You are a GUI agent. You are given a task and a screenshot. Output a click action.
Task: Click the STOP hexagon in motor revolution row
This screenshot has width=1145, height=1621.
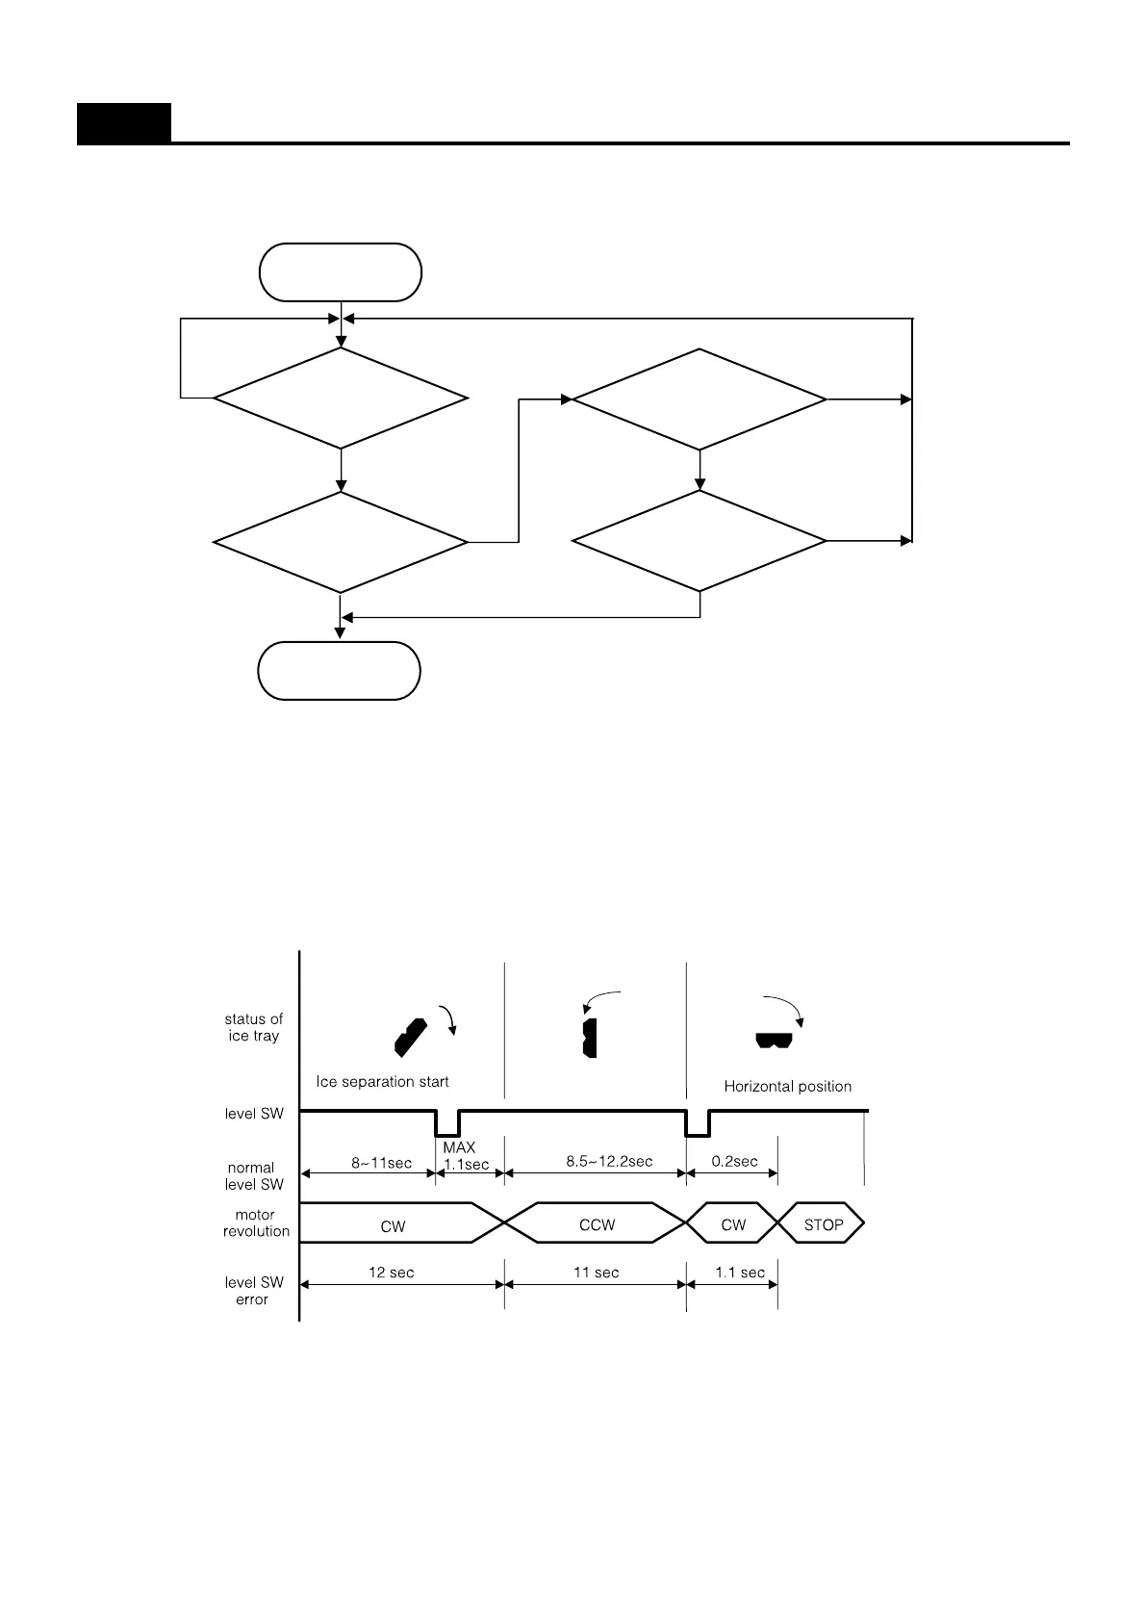point(823,1224)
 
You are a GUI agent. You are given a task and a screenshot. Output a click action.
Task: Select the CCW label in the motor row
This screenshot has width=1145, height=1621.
point(597,1224)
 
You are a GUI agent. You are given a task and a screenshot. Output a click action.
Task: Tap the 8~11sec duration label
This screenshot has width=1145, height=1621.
point(381,1163)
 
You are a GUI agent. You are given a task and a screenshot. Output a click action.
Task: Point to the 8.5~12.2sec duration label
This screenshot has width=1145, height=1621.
point(609,1161)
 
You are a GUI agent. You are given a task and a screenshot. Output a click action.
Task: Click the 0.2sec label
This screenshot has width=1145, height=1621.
point(734,1161)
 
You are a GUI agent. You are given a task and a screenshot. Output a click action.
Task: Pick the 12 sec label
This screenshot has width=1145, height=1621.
point(391,1273)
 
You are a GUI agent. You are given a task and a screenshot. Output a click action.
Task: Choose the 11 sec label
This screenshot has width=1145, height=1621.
point(596,1273)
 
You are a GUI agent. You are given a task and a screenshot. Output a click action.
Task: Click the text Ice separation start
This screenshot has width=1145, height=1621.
point(382,1082)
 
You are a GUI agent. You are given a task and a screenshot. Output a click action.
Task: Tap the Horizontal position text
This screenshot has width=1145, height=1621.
point(787,1087)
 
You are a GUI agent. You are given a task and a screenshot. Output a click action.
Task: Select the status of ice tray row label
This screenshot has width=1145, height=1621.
point(253,1027)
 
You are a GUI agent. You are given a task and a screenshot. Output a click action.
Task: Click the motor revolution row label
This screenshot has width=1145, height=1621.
point(256,1222)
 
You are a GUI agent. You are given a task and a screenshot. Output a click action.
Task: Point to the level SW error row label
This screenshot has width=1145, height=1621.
point(253,1291)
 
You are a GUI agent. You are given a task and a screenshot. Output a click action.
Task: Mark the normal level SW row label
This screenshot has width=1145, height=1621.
point(253,1175)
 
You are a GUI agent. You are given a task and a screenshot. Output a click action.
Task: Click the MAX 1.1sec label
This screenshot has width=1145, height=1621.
point(465,1156)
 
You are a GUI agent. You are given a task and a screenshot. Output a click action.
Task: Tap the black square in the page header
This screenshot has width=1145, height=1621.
point(124,123)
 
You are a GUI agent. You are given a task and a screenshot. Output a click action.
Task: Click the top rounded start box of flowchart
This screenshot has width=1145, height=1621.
point(340,272)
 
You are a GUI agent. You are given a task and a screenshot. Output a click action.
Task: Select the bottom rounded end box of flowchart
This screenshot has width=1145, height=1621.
point(339,671)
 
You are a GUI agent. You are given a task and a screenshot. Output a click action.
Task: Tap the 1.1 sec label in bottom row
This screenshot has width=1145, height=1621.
point(740,1273)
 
